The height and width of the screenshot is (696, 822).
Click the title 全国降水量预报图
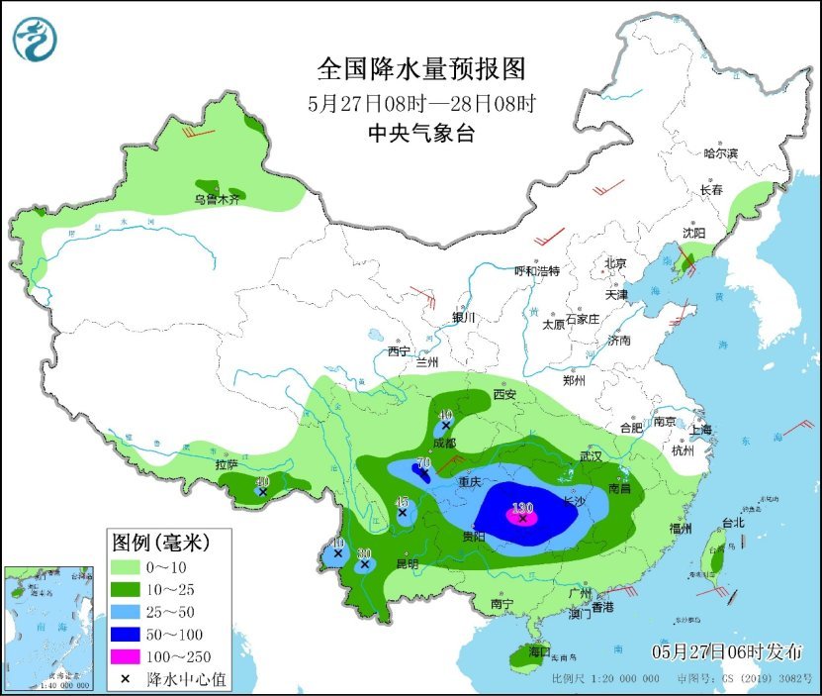(x=420, y=68)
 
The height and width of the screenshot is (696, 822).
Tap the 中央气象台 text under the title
(x=420, y=134)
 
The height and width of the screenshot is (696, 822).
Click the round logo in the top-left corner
(x=35, y=39)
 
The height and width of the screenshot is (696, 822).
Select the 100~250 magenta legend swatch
(x=128, y=654)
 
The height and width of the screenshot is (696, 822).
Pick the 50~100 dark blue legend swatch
(x=128, y=633)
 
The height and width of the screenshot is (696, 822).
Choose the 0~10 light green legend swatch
(x=128, y=567)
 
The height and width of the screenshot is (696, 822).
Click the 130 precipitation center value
(x=522, y=508)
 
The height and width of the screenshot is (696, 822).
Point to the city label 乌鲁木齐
(x=216, y=200)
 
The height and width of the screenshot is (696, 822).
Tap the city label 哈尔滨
(x=720, y=153)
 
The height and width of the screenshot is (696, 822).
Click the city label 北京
(x=615, y=263)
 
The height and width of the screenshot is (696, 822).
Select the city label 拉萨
(x=227, y=464)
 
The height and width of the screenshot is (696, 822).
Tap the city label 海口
(x=538, y=652)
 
